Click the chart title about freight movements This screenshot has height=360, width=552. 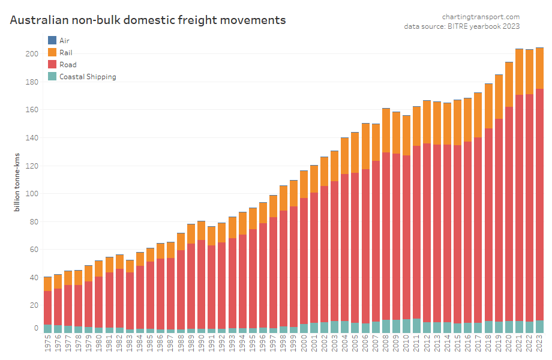coord(148,20)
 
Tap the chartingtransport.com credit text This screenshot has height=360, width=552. coord(481,17)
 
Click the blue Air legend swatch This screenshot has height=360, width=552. coord(52,40)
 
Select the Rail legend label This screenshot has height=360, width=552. coord(66,52)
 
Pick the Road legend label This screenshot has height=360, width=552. coord(68,64)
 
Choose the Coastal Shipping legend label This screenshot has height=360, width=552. coord(88,76)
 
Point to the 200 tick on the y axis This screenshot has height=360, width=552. coord(32,54)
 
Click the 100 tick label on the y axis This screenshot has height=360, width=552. coord(32,194)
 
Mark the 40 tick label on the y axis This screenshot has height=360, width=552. coord(34,278)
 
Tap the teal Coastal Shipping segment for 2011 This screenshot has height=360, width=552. coord(416,326)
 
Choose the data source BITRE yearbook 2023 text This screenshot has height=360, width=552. coord(461,26)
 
